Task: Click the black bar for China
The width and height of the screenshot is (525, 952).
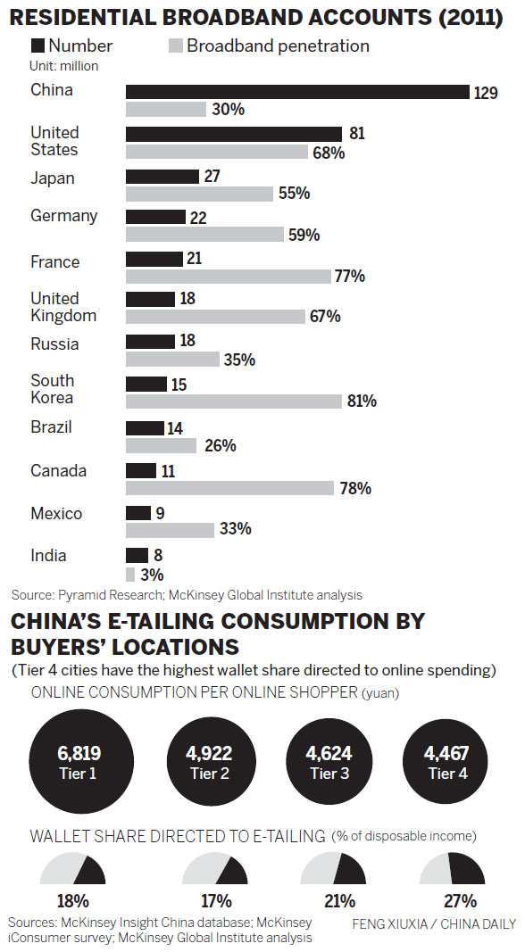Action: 297,92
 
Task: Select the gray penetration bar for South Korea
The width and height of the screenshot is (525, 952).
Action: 233,401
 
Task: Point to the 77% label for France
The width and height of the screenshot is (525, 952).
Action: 350,277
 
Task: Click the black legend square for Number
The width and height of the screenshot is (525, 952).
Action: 37,46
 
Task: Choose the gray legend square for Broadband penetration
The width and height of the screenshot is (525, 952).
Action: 175,46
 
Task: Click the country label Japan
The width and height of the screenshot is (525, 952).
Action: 53,178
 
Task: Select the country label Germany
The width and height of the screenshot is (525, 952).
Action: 64,216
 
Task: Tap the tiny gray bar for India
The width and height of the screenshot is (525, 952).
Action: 130,575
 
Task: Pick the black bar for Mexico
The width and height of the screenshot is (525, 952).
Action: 138,513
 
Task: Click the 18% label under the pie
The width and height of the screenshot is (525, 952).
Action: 72,901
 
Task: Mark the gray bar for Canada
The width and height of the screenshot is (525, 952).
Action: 229,488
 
